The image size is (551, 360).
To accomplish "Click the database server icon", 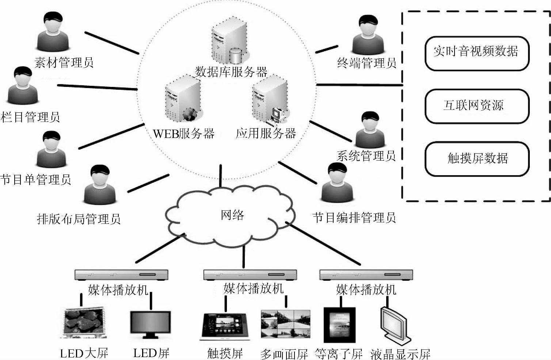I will [228, 42].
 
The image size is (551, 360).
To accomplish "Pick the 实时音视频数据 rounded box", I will [476, 52].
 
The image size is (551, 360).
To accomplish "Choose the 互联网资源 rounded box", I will [476, 106].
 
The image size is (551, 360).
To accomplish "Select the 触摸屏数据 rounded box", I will [476, 158].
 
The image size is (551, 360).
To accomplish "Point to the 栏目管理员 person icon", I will [23, 86].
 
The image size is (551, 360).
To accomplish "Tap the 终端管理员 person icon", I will [368, 35].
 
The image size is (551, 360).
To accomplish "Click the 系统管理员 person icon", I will [370, 130].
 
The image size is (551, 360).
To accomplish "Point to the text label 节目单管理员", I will [35, 180].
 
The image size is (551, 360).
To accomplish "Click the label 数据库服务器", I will [231, 72].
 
